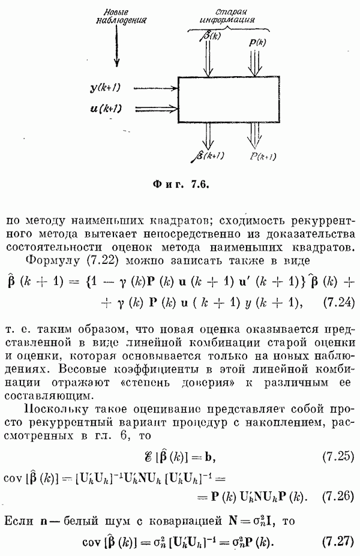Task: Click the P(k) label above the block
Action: point(257,43)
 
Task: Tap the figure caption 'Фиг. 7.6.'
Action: point(180,184)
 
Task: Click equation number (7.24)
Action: point(336,301)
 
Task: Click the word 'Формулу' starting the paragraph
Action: point(49,260)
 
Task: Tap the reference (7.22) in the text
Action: point(95,260)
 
